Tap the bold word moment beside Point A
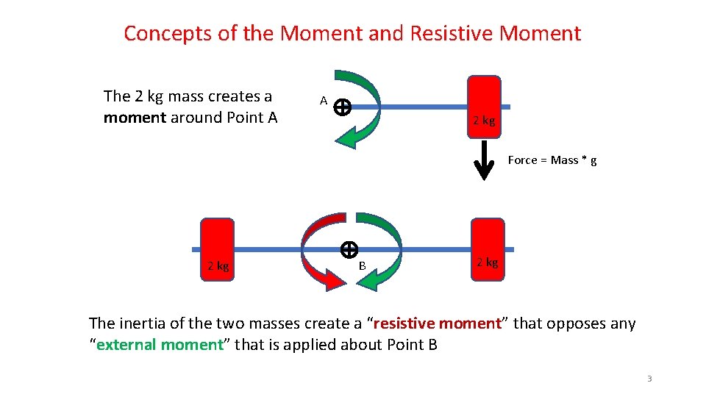click(x=135, y=118)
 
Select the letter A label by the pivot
click(x=323, y=101)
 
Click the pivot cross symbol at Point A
click(x=342, y=107)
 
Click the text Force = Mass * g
click(x=552, y=160)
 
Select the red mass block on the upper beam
click(x=483, y=106)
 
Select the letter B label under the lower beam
click(x=362, y=265)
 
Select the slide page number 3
click(x=649, y=379)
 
